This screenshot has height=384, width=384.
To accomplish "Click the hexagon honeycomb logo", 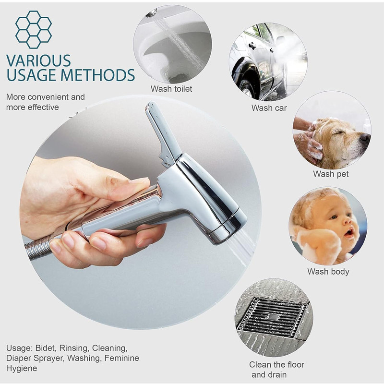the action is point(34,29).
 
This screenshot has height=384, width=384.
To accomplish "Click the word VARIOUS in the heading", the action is point(38,60).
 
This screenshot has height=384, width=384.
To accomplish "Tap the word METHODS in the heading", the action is point(98,75).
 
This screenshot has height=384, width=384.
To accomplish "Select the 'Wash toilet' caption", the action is point(171,89).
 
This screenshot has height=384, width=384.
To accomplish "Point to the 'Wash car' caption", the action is point(269,108).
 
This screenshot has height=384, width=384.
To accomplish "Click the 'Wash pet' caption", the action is point(331,174).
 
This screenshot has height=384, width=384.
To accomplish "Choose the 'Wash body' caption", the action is point(328,272).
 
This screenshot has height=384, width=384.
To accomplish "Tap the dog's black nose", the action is point(365,138).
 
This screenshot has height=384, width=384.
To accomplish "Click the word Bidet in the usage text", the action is point(46,348).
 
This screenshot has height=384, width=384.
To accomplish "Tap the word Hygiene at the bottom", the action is point(22,368).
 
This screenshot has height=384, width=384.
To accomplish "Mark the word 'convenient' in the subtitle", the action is point(48,97).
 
